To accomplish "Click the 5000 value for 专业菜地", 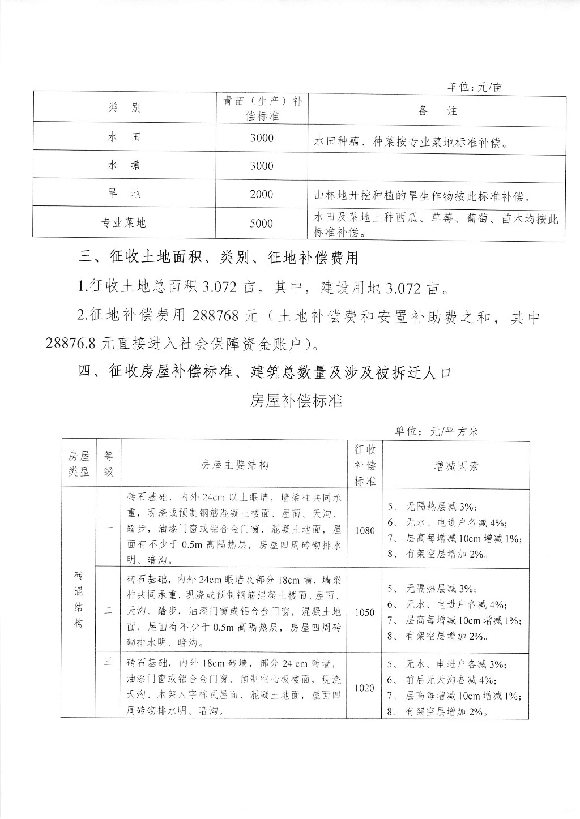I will [x=261, y=223].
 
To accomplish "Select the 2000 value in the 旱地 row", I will [x=261, y=194].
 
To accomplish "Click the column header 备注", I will [x=437, y=110].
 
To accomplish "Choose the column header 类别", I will [x=124, y=108].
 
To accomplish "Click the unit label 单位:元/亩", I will [x=474, y=87].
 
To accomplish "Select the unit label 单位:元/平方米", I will [x=437, y=431].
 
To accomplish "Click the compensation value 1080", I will [x=365, y=530].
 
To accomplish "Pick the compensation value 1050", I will [x=365, y=612].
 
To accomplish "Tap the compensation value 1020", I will [x=365, y=688].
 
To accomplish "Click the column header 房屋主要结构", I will [x=234, y=465].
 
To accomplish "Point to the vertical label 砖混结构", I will [x=79, y=599].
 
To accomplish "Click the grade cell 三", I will [x=108, y=663].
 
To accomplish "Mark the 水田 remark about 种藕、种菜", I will [x=409, y=143].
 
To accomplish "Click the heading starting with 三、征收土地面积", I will [x=219, y=258].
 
